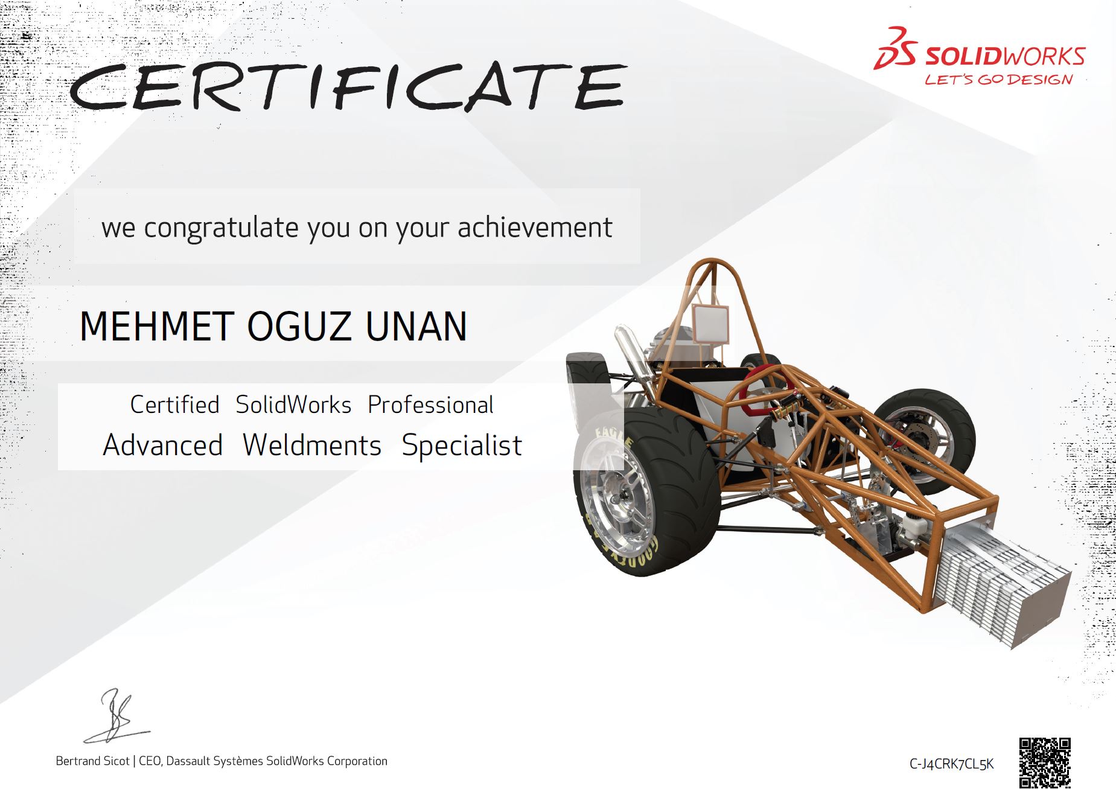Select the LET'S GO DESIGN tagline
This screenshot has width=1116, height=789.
999,80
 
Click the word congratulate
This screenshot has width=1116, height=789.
222,228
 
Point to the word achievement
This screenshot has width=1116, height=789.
535,228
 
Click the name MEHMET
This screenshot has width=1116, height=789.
156,326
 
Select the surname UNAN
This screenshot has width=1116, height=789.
416,326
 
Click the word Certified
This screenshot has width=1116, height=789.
174,404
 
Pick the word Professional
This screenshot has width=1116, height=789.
430,404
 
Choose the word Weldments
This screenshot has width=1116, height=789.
312,445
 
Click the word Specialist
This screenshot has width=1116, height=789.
462,446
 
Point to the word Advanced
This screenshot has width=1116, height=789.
163,445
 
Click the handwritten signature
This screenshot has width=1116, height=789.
115,717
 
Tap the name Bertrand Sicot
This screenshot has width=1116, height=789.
92,761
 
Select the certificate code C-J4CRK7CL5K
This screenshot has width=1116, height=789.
951,764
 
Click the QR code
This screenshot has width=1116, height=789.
1045,762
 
